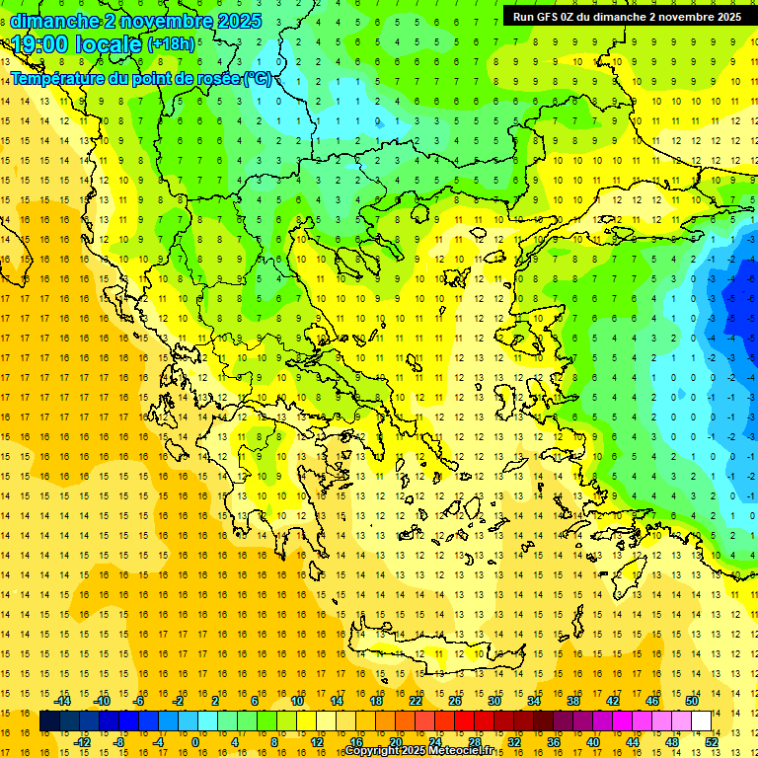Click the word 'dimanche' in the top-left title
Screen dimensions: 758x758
pos(54,21)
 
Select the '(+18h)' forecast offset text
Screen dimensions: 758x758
pos(171,44)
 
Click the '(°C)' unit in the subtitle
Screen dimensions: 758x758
pos(259,78)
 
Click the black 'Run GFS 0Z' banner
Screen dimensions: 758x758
pos(627,16)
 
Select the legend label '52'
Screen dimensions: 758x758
pos(711,742)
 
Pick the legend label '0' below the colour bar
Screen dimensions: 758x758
pos(195,742)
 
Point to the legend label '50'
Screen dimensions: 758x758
pos(691,701)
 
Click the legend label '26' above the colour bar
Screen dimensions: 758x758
pos(455,701)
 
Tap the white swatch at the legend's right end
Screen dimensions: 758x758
pos(701,721)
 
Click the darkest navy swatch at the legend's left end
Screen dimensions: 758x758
pos(49,721)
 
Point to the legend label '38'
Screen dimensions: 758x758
pos(572,701)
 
